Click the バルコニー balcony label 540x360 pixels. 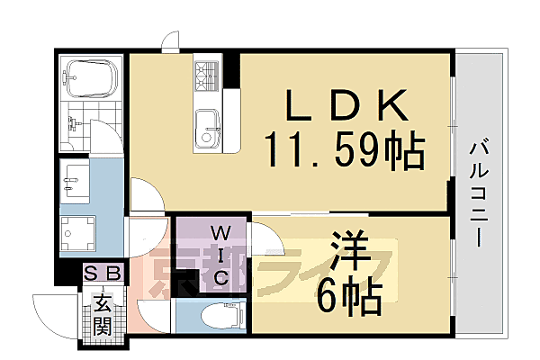point(480,193)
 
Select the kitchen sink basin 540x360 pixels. point(207,129)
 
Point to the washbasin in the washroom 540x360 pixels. point(74,185)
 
